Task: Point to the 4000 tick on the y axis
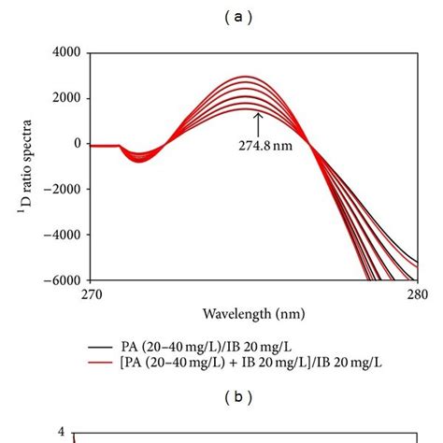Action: [64, 53]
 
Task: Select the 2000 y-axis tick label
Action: [64, 99]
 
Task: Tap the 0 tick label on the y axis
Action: [78, 144]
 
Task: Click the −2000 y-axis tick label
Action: [60, 190]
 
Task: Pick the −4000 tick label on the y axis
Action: [60, 235]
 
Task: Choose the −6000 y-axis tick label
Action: [60, 279]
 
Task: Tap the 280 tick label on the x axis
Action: [416, 294]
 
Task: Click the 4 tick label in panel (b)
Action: [61, 433]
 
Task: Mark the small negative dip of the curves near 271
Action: [139, 157]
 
